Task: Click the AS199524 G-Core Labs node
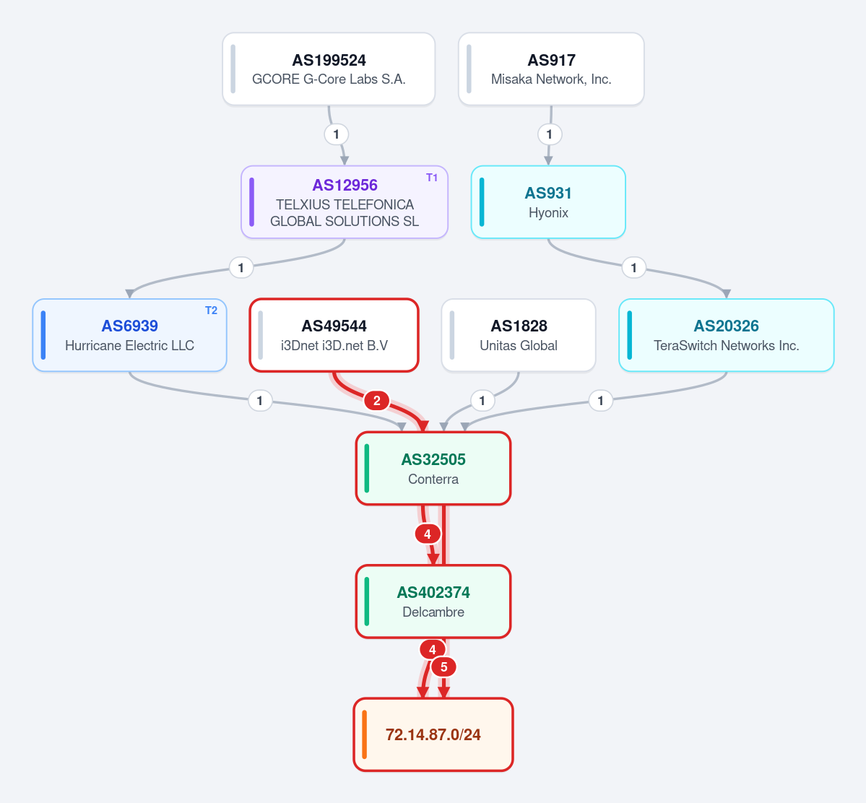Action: pyautogui.click(x=329, y=69)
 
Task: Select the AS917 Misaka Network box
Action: pyautogui.click(x=551, y=69)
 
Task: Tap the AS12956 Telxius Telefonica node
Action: pyautogui.click(x=345, y=202)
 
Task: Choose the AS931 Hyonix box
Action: pyautogui.click(x=548, y=202)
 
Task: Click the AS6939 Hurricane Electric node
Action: pyautogui.click(x=130, y=335)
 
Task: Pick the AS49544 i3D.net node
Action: pyautogui.click(x=334, y=335)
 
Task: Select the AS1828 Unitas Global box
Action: pyautogui.click(x=519, y=335)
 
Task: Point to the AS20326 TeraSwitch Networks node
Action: pyautogui.click(x=727, y=335)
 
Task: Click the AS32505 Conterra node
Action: pyautogui.click(x=433, y=469)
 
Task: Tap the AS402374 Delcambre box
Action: pyautogui.click(x=433, y=602)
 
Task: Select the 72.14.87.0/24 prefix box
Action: pyautogui.click(x=433, y=734)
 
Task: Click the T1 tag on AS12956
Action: pyautogui.click(x=432, y=177)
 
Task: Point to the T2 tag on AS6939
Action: pyautogui.click(x=211, y=311)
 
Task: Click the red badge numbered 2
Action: pyautogui.click(x=377, y=400)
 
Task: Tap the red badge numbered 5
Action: pyautogui.click(x=443, y=667)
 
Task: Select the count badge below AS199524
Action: pyautogui.click(x=337, y=134)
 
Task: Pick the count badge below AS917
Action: pyautogui.click(x=549, y=134)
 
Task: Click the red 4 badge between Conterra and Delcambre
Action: pyautogui.click(x=428, y=534)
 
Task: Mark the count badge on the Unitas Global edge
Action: pyautogui.click(x=482, y=400)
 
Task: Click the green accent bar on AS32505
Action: pyautogui.click(x=367, y=469)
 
